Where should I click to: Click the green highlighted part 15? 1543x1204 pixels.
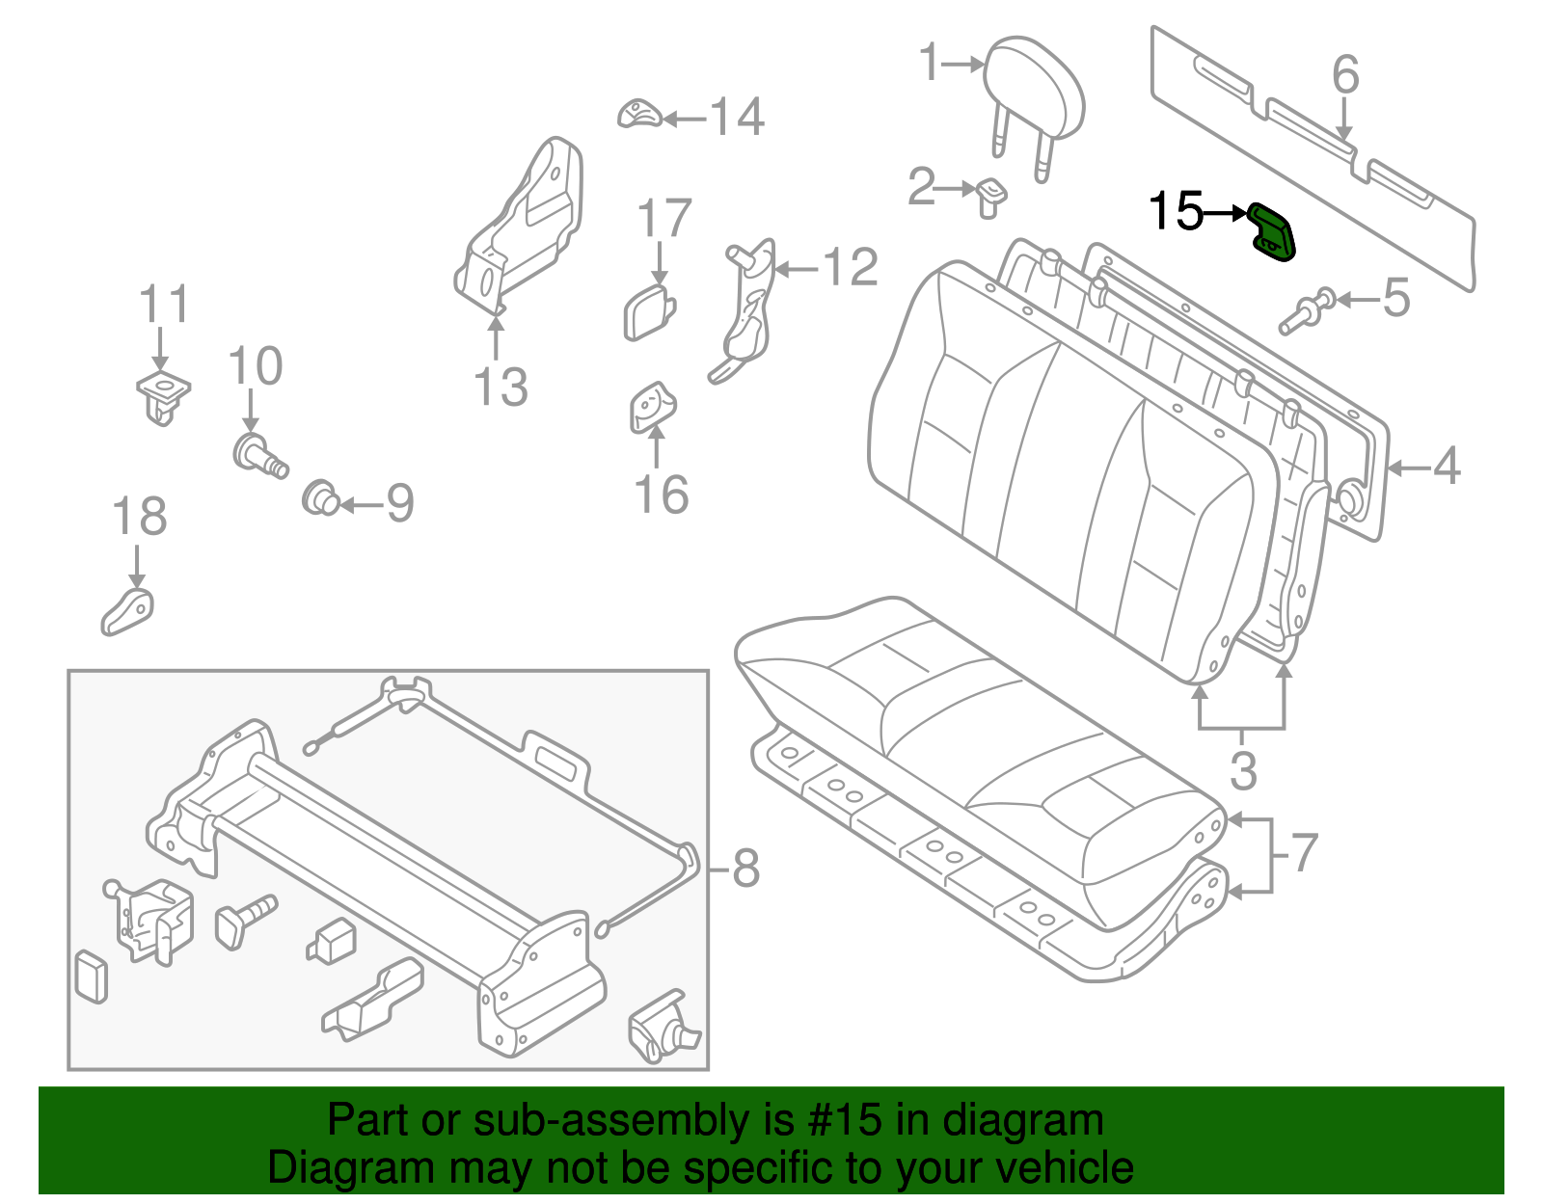tap(1273, 233)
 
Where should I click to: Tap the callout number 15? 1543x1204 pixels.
tap(1176, 211)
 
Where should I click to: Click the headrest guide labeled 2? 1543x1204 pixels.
tap(991, 195)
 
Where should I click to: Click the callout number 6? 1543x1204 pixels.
tap(1345, 75)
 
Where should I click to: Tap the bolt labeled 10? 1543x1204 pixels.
tap(258, 455)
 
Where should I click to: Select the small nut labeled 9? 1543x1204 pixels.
tap(321, 499)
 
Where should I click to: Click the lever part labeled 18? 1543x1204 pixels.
tap(128, 611)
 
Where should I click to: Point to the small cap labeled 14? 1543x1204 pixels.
tap(638, 114)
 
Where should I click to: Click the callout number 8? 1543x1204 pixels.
tap(745, 869)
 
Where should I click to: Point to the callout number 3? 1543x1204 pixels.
tap(1243, 771)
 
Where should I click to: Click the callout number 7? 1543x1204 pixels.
tap(1303, 853)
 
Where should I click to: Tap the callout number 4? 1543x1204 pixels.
tap(1446, 468)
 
